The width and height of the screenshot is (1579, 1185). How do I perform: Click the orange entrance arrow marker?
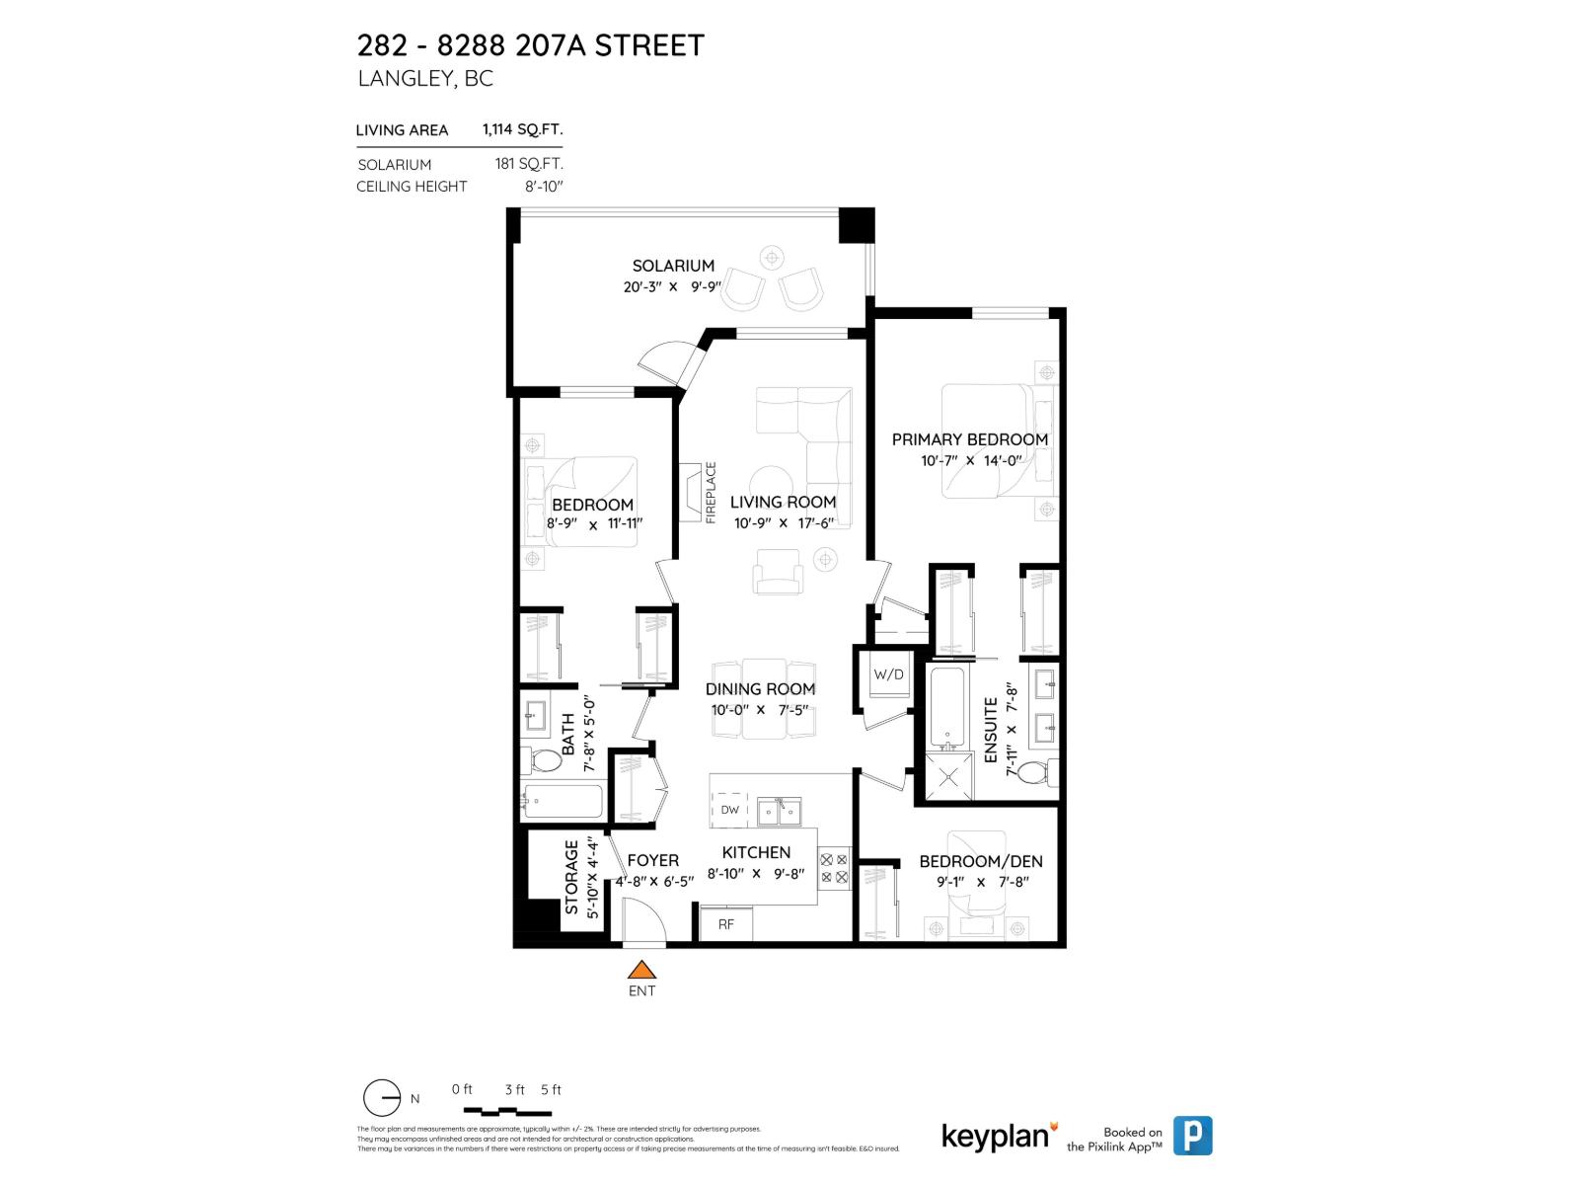coord(641,971)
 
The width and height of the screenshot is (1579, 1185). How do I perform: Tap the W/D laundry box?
coord(888,675)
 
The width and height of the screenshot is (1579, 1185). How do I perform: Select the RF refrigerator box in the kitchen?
coord(726,924)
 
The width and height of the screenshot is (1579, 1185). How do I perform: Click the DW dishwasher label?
coord(729,810)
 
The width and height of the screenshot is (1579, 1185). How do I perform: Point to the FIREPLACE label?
coord(711,493)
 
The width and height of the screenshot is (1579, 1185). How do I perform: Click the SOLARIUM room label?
coord(673,266)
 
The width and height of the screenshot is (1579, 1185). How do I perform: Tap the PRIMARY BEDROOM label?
coord(969,439)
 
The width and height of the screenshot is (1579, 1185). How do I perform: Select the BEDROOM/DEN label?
coord(980,861)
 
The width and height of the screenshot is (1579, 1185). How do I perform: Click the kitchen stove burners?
coord(835,869)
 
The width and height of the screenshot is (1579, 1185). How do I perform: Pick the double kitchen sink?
coord(780,812)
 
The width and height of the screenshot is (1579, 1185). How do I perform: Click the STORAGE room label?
coord(571,877)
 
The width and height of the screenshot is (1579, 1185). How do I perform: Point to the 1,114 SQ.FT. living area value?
coord(522,129)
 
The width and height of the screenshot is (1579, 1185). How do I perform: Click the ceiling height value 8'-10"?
coord(544,187)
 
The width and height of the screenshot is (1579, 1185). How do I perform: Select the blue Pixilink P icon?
coord(1193,1136)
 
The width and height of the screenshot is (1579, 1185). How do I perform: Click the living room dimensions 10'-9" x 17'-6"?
coord(784,523)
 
